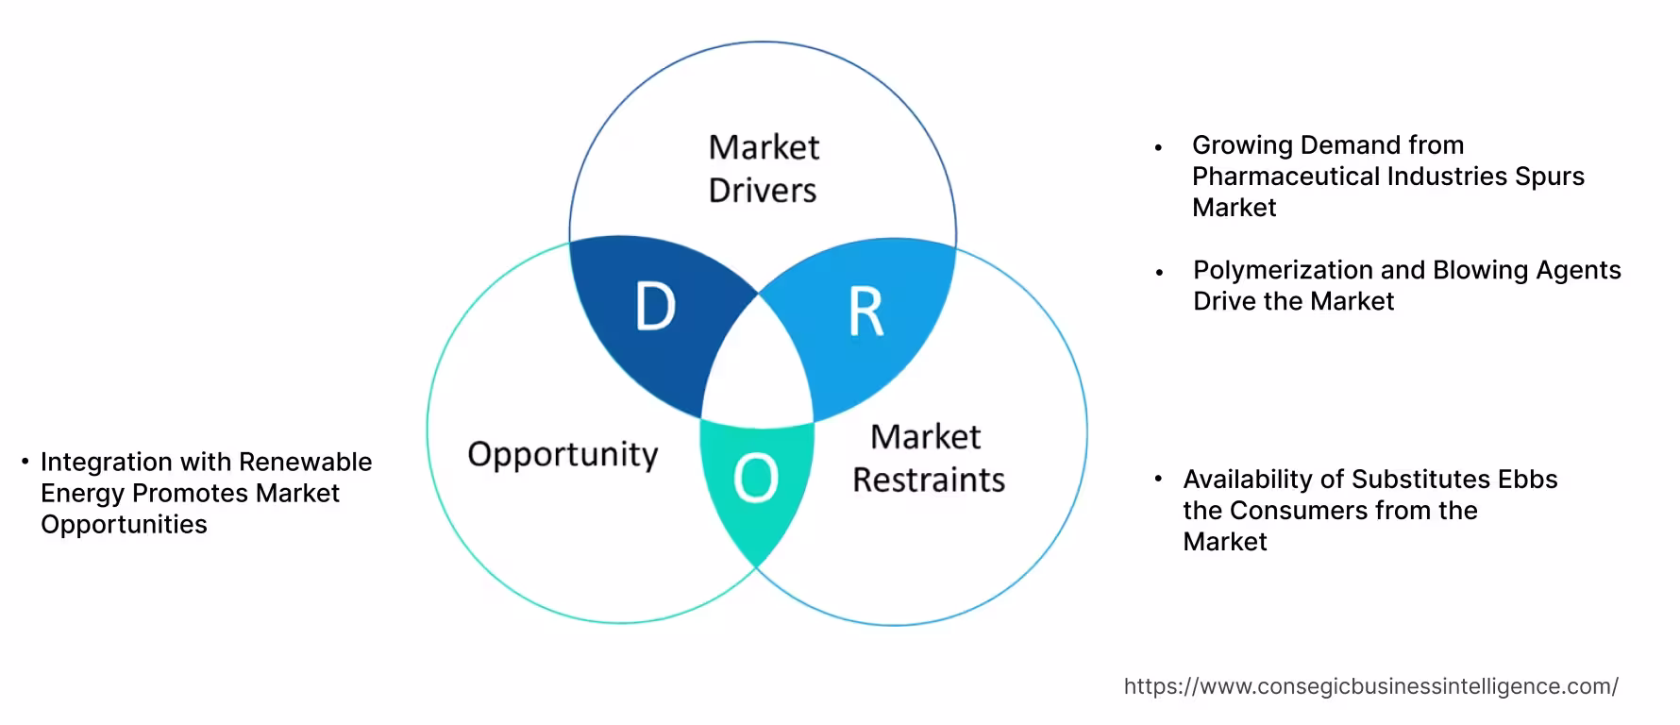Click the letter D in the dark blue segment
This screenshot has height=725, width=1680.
point(655,307)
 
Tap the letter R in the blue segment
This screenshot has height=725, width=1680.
point(865,312)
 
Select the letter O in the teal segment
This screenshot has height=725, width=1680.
point(755,478)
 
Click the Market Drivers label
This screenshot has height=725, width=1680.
point(763,169)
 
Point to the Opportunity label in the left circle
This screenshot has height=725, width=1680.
point(563,455)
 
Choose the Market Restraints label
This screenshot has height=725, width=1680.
point(928,458)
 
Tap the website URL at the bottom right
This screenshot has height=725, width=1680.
point(1370,686)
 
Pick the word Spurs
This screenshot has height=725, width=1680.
point(1550,177)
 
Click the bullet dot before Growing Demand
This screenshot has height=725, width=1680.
point(1158,147)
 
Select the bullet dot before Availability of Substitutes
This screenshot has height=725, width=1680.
point(1158,480)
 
